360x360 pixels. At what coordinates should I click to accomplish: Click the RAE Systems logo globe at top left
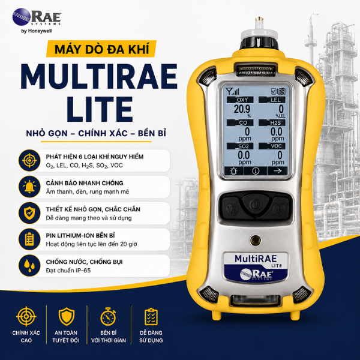22,17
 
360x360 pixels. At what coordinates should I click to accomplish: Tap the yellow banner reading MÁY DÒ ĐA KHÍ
101,49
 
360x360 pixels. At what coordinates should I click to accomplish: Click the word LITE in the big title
100,109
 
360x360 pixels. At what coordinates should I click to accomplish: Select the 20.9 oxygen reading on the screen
242,109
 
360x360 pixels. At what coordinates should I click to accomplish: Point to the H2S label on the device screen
275,123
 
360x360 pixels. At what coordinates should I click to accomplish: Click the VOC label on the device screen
276,146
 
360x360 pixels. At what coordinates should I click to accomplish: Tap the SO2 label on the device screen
244,146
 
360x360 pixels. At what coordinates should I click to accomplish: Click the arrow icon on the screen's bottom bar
278,171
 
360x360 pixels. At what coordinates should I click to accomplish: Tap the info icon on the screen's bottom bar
256,171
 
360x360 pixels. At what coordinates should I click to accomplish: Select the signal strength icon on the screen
232,91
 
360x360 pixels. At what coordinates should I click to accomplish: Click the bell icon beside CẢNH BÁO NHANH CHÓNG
29,187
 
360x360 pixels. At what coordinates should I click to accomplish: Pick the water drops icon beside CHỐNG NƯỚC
29,266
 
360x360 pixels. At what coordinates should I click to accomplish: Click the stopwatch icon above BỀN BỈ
108,317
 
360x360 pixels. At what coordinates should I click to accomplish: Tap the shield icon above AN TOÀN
67,317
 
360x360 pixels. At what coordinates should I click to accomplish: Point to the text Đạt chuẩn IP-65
68,270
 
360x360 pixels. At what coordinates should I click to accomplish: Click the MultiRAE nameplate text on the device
256,259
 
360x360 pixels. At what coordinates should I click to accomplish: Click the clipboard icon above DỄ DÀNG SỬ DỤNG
151,317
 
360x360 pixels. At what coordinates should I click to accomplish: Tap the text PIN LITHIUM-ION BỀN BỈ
80,236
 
